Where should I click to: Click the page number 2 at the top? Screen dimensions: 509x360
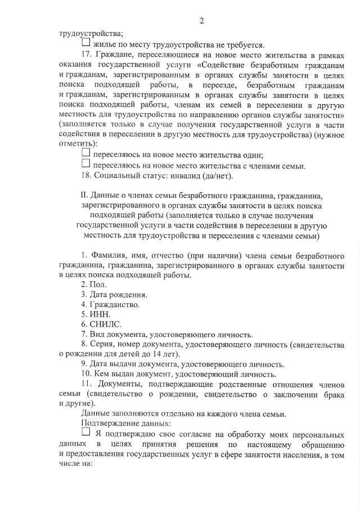tap(201, 21)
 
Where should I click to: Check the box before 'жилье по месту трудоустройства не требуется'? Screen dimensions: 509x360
tap(85, 43)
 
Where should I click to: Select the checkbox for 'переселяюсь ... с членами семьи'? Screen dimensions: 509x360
tap(85, 164)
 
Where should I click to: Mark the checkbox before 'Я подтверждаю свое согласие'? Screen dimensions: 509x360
tap(85, 433)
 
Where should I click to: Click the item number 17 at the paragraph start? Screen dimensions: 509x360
tap(87, 55)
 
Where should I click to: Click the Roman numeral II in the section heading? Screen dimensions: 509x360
tap(85, 196)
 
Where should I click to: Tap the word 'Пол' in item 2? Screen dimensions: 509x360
tap(93, 285)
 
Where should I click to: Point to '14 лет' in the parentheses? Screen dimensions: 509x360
tap(165, 354)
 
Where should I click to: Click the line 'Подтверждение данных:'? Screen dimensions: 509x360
tap(121, 423)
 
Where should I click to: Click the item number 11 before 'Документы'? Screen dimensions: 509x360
tap(86, 384)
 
